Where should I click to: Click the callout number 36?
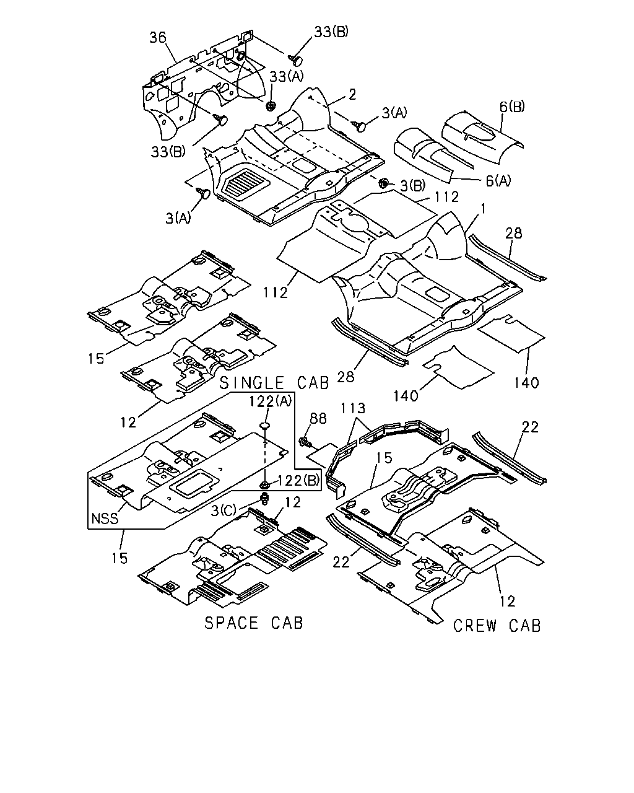click(158, 37)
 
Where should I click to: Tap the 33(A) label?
click(287, 76)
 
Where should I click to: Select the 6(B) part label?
click(512, 107)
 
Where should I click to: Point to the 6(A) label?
click(498, 180)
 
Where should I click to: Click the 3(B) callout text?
click(412, 185)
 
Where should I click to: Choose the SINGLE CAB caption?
click(274, 383)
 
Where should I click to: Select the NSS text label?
click(105, 519)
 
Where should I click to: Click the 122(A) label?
click(271, 401)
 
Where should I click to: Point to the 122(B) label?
click(298, 481)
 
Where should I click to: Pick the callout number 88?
click(318, 418)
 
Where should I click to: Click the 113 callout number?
click(352, 408)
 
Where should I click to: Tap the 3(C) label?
click(224, 510)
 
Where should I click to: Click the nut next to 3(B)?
click(383, 182)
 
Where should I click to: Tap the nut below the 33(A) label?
click(271, 106)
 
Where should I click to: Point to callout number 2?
click(352, 94)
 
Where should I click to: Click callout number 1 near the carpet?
click(483, 209)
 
